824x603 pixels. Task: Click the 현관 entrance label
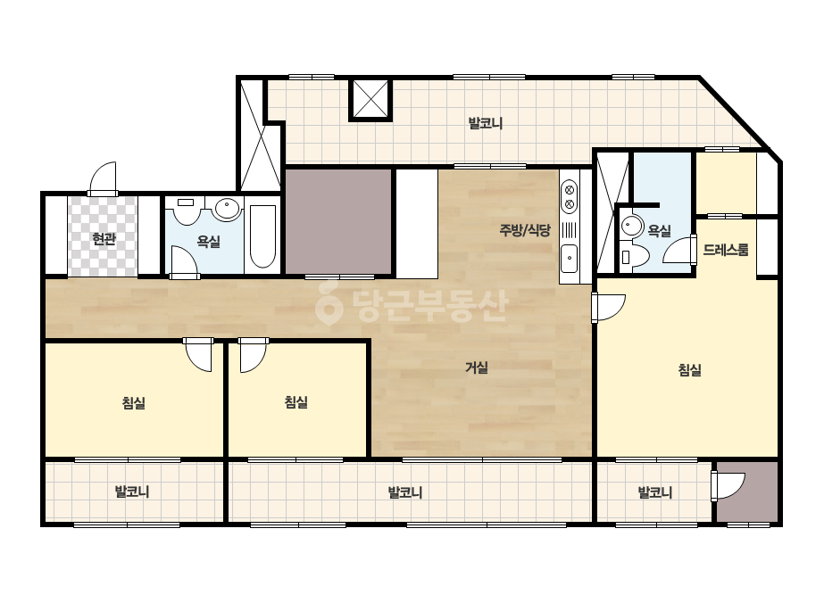point(104,240)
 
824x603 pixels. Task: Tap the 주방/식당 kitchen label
point(524,230)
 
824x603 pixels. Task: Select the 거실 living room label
point(477,368)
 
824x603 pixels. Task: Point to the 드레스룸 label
point(726,250)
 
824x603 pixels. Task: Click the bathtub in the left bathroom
point(262,237)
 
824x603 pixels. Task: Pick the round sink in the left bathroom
point(228,209)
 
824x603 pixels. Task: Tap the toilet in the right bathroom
point(634,256)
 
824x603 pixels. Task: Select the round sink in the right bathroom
point(631,227)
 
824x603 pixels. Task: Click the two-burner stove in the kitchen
point(570,196)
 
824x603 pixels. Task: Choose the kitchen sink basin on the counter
point(570,259)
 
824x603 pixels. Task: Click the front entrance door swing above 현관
point(103,179)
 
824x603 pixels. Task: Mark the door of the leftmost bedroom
point(199,354)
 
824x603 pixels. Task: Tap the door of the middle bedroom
point(254,354)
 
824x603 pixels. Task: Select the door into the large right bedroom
point(608,307)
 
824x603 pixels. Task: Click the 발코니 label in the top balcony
point(486,123)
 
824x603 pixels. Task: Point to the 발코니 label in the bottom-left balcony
point(132,492)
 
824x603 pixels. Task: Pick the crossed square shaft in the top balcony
point(371,99)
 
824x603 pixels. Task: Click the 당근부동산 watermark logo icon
point(329,303)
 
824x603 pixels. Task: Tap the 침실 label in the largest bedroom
point(689,370)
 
